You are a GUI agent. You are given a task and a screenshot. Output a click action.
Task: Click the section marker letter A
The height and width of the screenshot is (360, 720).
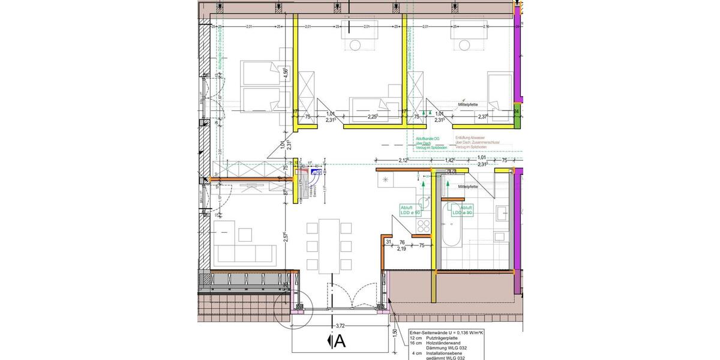point(340,341)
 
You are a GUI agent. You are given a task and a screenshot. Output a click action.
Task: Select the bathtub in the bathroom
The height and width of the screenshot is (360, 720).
point(451,228)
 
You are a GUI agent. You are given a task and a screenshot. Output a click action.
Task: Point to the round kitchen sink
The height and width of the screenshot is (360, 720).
point(385,179)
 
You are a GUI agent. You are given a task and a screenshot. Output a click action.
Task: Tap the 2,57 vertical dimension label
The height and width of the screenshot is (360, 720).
point(286,238)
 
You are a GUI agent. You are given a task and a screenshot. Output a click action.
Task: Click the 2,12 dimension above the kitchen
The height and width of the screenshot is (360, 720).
point(404,160)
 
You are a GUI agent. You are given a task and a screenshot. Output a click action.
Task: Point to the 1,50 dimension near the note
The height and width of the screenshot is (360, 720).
point(394,333)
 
